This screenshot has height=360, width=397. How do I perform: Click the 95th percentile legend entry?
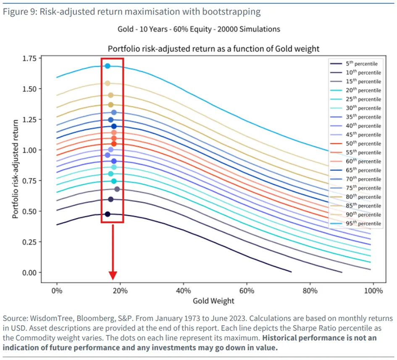coord(356,223)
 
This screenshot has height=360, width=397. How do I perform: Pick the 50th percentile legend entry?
coord(356,143)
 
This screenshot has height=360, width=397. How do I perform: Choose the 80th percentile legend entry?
coord(356,197)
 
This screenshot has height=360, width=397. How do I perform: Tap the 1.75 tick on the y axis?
coord(29,58)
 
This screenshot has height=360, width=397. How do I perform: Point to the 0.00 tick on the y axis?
coord(29,273)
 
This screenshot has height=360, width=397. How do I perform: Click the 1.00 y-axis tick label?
coord(29,150)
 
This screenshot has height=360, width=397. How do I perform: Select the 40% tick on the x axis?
coord(183,291)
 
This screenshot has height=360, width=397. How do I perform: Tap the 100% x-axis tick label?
coord(373,291)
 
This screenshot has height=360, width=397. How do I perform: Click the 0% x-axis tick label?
coord(57,291)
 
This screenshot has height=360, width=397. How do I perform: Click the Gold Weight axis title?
coord(213,301)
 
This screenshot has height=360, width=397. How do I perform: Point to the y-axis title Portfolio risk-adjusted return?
coord(16,169)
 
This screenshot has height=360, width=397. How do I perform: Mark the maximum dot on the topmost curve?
coord(108,66)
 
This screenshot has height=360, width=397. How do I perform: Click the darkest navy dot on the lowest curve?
coord(108,214)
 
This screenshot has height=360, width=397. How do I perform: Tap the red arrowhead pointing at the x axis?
coord(113,275)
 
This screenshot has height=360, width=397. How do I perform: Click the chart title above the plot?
coord(213,49)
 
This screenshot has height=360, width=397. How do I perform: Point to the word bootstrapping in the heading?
coord(231,12)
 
